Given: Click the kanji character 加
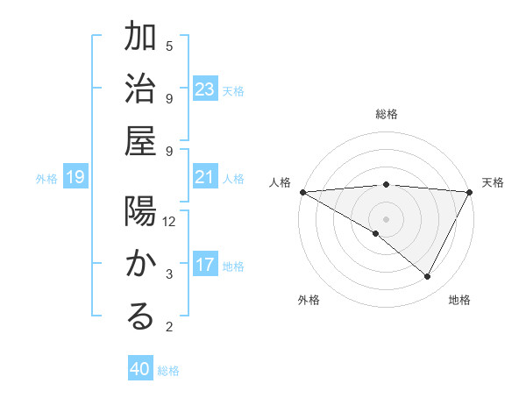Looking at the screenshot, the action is (x=141, y=39).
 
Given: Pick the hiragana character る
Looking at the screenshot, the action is (x=141, y=316).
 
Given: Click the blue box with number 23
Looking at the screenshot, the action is (x=205, y=89).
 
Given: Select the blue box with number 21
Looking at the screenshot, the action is (x=205, y=178).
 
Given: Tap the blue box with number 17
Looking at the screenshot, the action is (x=205, y=266).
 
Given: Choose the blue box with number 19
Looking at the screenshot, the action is (x=75, y=178).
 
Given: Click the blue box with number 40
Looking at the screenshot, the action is (x=140, y=369).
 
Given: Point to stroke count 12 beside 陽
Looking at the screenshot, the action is (x=170, y=221).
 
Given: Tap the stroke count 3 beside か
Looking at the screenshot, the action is (x=169, y=274).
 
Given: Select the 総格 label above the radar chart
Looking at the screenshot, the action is (x=386, y=114).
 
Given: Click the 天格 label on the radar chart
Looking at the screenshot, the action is (x=493, y=182).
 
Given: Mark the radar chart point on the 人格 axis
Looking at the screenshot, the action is (x=302, y=191).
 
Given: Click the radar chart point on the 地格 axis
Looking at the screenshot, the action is (x=428, y=276).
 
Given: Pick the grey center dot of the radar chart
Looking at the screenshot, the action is (x=386, y=218).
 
